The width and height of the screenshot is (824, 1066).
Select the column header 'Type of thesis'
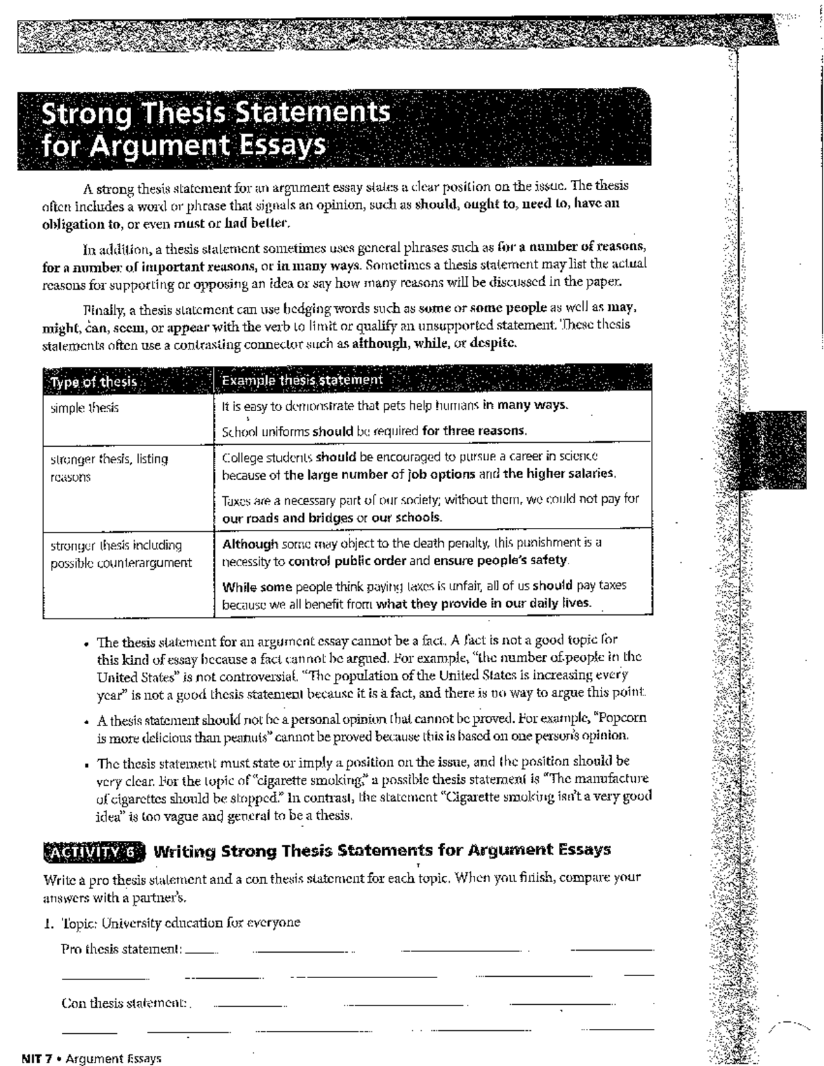[x=93, y=382]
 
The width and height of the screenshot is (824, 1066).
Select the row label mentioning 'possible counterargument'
[x=121, y=563]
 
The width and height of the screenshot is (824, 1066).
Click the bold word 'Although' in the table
[x=251, y=543]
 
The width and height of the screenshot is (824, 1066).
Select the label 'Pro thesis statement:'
[x=122, y=949]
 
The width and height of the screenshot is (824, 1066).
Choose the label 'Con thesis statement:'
[x=124, y=1003]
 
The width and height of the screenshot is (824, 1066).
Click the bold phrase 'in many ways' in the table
[x=525, y=405]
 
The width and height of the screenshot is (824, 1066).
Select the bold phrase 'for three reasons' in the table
[x=474, y=432]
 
